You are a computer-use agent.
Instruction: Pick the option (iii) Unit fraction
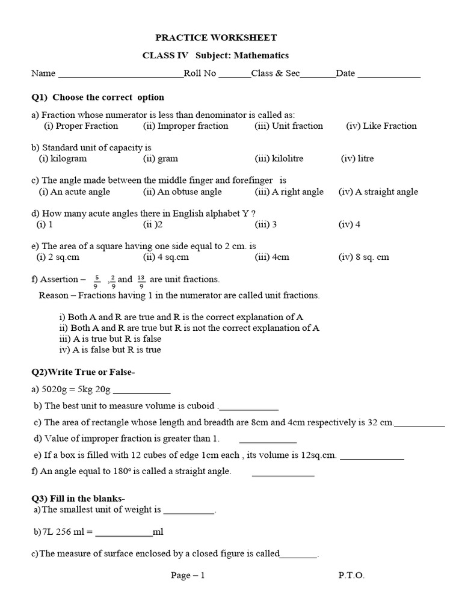[x=289, y=126]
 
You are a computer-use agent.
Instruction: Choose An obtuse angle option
[x=182, y=192]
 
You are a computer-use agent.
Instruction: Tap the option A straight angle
[x=378, y=192]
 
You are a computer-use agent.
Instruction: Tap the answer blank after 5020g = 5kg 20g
[x=141, y=391]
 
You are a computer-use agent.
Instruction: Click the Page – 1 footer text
[x=188, y=575]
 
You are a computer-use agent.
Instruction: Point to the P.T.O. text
[x=351, y=575]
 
